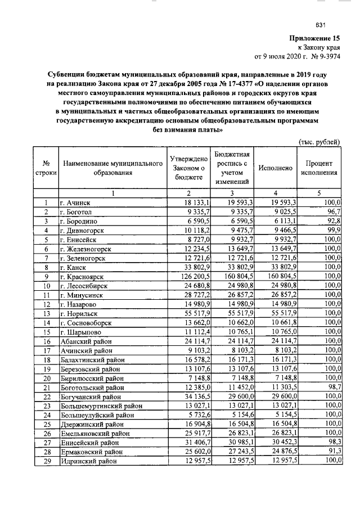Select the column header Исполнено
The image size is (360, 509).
(274, 168)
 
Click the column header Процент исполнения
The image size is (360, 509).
(321, 168)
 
